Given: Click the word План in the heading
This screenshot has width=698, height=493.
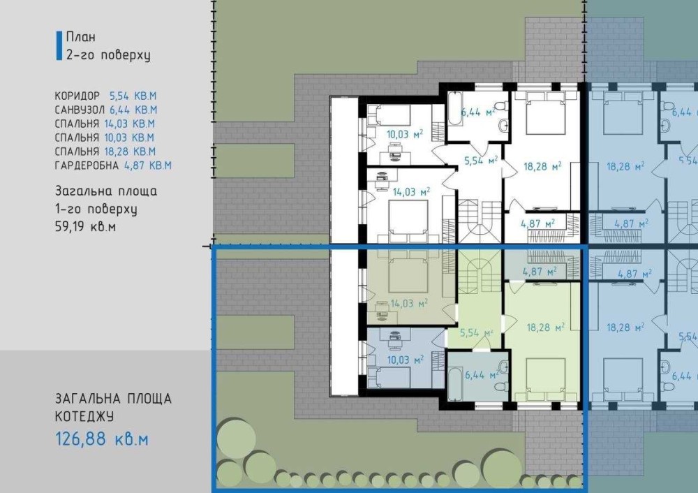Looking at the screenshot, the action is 80,37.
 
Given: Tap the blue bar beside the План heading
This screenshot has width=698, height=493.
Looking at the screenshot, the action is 59,45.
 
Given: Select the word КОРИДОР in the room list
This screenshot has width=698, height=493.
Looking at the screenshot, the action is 77,96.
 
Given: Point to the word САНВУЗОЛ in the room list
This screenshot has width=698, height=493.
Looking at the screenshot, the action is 80,110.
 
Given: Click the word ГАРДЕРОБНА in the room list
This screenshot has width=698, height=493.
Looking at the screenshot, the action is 87,165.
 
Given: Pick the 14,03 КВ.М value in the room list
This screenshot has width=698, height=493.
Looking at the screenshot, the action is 130,124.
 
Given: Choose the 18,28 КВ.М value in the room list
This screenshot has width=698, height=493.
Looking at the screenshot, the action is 130,152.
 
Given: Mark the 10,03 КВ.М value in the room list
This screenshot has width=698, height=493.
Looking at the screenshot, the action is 129,138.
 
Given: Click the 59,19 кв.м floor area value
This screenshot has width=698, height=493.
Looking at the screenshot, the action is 85,227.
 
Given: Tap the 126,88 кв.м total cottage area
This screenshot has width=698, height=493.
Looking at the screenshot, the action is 102,439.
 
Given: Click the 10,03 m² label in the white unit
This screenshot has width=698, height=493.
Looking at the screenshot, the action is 405,134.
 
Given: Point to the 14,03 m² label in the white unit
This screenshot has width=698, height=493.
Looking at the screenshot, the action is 411,192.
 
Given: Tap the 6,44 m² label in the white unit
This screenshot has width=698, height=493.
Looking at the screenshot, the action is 478,112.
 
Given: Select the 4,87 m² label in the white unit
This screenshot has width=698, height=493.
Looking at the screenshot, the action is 537,223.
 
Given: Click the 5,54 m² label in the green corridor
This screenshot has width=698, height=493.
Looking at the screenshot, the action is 476,332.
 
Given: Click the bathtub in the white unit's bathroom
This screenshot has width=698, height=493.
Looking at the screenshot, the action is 455,109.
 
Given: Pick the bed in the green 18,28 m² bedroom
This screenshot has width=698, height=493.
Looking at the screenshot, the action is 545,380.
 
